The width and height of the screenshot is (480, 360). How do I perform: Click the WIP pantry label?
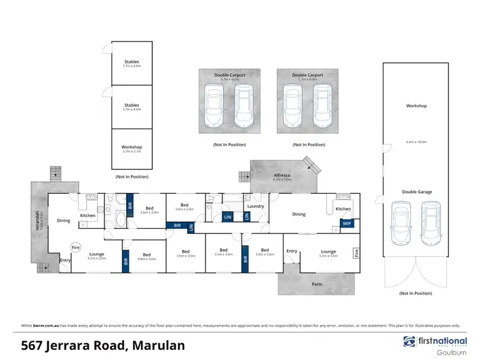tap(346, 224)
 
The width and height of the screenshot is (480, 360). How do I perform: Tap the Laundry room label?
tap(255, 206)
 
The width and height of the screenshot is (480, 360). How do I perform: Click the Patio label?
tap(317, 284)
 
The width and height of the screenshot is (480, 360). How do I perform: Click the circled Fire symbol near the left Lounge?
tap(76, 247)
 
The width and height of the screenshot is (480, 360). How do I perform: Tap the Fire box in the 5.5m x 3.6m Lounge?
tap(356, 253)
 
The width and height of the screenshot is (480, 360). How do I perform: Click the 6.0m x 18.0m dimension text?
tap(416, 141)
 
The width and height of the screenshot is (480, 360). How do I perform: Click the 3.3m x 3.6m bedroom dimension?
tap(223, 254)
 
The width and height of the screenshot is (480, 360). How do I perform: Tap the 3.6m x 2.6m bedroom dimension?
tap(185, 209)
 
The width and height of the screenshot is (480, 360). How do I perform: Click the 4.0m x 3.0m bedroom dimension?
tap(147, 258)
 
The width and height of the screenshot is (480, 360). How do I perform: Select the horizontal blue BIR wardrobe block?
tap(177, 226)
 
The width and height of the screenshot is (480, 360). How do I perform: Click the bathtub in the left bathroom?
tap(121, 221)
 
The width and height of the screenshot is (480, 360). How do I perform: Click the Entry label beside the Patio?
tap(292, 251)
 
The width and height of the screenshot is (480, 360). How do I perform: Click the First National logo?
tap(434, 342)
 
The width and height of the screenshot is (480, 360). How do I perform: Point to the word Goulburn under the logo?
tap(451, 352)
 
